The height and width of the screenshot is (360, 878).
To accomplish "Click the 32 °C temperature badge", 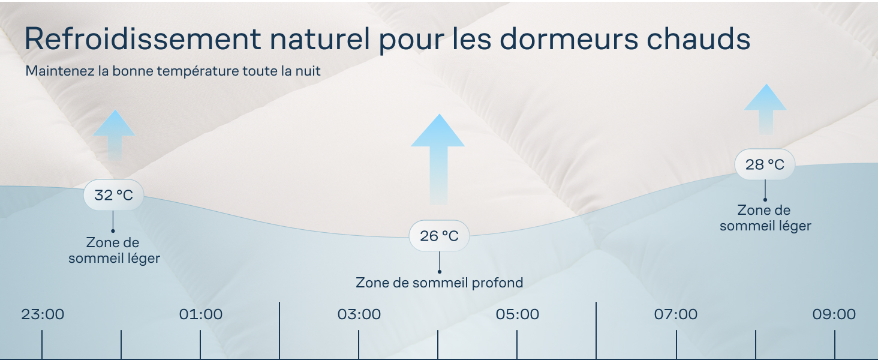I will [x=113, y=195].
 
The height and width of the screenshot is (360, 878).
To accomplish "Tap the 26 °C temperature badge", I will [x=439, y=236].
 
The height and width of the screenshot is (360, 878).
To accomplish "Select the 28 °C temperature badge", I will [x=765, y=164].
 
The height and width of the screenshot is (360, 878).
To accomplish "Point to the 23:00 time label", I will [x=43, y=314].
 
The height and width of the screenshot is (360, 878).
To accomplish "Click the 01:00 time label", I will [x=201, y=314].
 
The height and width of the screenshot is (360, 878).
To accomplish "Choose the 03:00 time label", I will [x=359, y=314].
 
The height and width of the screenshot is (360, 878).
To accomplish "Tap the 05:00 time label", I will [x=517, y=314].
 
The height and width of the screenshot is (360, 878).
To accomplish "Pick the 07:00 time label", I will [x=676, y=314].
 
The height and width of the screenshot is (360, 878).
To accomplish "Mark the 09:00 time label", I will [x=834, y=314].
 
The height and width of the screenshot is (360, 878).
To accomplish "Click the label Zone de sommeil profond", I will [x=439, y=283].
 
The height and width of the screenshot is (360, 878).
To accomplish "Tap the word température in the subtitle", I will [x=196, y=71].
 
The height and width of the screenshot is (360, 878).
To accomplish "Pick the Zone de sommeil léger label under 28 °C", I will [x=765, y=218].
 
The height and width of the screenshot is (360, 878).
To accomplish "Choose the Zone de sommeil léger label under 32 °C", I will [x=114, y=251].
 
